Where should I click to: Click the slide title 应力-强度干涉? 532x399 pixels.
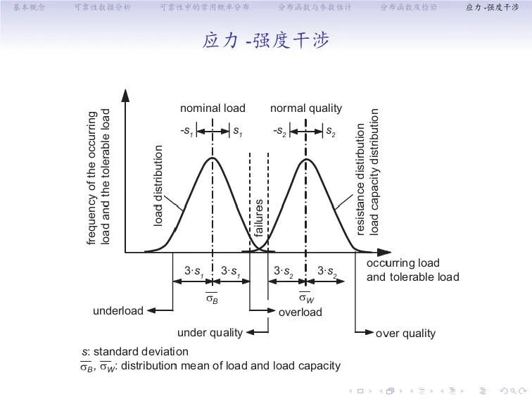click(265, 41)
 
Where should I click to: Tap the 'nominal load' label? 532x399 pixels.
click(213, 108)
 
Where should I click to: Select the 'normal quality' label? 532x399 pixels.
click(306, 108)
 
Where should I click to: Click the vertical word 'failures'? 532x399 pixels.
click(259, 219)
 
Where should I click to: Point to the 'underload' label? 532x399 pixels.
click(118, 311)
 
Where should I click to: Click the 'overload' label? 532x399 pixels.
click(300, 312)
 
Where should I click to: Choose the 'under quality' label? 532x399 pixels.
click(210, 332)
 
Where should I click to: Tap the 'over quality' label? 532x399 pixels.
click(406, 333)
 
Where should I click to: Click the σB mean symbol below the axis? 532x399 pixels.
click(212, 298)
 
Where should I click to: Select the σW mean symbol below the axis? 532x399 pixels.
click(306, 298)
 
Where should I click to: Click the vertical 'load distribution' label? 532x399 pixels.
click(158, 186)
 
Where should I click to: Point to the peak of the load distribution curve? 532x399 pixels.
click(213, 158)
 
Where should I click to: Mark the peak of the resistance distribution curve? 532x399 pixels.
click(306, 158)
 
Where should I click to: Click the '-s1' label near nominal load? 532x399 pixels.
click(186, 131)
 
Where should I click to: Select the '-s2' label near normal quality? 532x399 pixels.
click(279, 131)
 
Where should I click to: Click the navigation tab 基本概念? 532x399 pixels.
click(29, 8)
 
